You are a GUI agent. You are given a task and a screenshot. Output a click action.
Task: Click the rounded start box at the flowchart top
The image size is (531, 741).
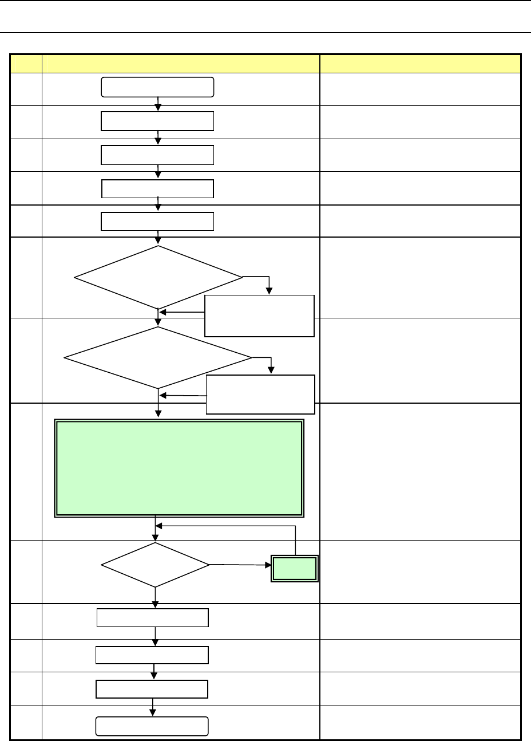(157, 87)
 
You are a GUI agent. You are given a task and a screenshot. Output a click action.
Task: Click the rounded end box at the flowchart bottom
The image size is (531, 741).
(151, 726)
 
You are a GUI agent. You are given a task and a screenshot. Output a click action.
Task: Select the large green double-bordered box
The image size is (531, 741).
(178, 468)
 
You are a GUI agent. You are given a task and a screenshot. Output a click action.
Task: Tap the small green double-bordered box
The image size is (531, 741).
(294, 568)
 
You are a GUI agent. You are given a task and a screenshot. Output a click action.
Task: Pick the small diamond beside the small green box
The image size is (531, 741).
(155, 565)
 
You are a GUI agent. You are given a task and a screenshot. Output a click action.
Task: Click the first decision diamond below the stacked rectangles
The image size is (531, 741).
(158, 278)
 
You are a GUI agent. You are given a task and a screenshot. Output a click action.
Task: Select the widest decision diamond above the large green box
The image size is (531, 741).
(158, 358)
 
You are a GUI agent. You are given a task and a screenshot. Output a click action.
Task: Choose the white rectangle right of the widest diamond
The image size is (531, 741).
(260, 394)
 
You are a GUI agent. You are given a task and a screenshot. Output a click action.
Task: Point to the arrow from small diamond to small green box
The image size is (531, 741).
(240, 565)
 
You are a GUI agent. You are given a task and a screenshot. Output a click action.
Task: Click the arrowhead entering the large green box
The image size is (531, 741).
(158, 416)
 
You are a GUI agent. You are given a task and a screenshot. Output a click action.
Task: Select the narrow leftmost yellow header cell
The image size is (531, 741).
(26, 63)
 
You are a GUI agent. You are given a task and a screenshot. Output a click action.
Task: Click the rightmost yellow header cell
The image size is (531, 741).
(420, 63)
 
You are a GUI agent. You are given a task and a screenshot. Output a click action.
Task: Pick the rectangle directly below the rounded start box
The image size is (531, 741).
(157, 121)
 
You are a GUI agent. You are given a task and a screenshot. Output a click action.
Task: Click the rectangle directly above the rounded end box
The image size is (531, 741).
(152, 689)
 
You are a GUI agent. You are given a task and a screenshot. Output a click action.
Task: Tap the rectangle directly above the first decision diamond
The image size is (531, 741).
(157, 221)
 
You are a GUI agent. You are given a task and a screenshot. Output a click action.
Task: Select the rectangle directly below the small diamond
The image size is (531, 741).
(153, 618)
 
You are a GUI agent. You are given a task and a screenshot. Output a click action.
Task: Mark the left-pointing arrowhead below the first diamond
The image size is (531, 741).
(163, 312)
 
